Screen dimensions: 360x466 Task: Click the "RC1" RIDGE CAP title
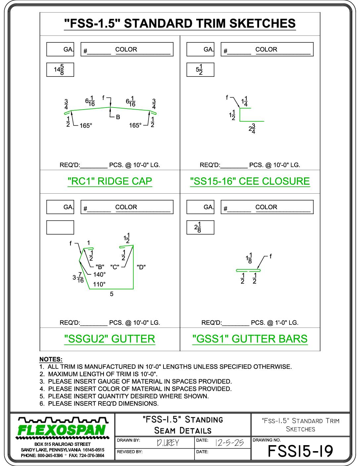click(110, 181)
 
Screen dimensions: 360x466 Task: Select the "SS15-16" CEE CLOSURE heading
click(250, 181)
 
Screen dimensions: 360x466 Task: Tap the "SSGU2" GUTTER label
click(110, 339)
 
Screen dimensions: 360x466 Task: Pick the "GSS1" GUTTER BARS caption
click(250, 339)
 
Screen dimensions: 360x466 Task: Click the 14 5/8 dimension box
click(60, 70)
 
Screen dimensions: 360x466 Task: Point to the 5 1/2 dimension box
click(200, 70)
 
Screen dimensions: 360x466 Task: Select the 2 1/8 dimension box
click(200, 227)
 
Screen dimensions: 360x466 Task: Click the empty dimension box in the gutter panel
click(60, 227)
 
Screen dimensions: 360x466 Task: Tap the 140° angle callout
click(100, 274)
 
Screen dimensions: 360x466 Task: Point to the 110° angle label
click(99, 284)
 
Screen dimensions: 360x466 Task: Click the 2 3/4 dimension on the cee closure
click(252, 129)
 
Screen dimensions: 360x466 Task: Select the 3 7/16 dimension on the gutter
click(78, 278)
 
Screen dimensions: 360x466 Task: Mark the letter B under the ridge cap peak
click(118, 117)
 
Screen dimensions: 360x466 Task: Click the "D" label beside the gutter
click(141, 267)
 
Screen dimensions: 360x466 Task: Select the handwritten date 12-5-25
click(229, 443)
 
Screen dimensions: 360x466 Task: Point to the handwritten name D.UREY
click(168, 443)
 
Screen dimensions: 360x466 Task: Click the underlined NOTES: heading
click(51, 359)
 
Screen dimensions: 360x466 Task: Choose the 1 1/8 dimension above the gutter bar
click(249, 258)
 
